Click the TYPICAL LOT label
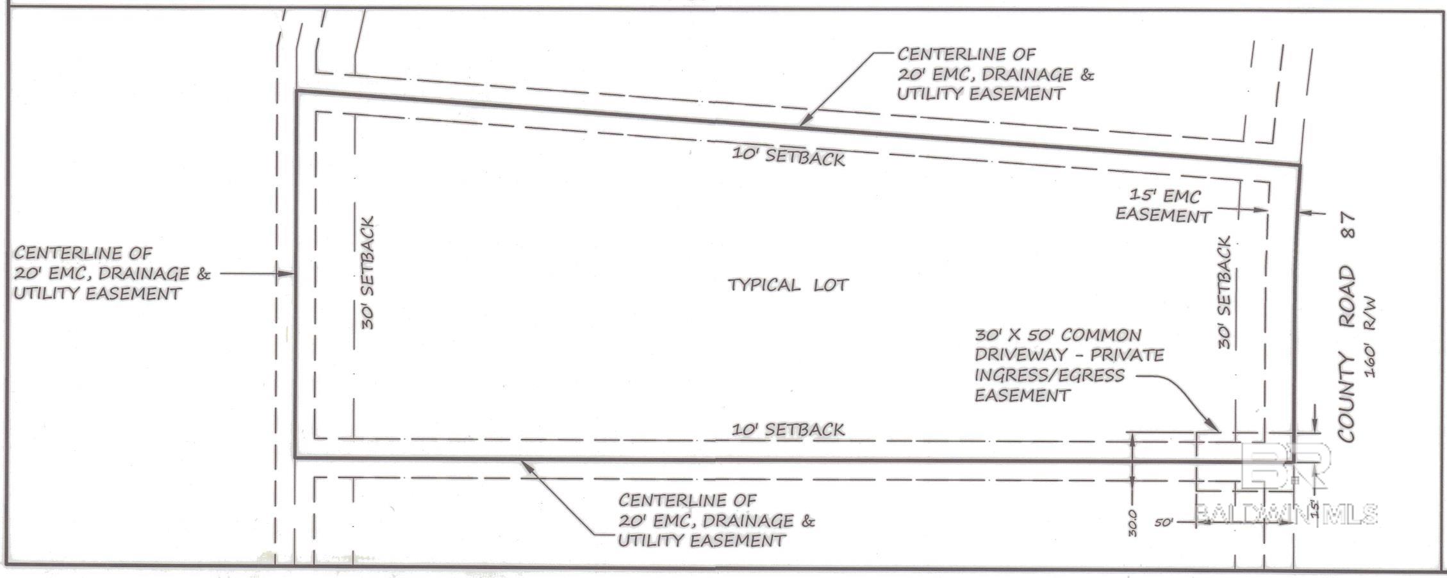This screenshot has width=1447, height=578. pos(788,285)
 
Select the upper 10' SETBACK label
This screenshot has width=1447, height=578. pos(788,157)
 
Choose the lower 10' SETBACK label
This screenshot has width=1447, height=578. pos(788,429)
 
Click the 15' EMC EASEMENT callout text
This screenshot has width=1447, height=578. pos(1162,206)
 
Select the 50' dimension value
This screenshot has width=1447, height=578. pos(1164,522)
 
